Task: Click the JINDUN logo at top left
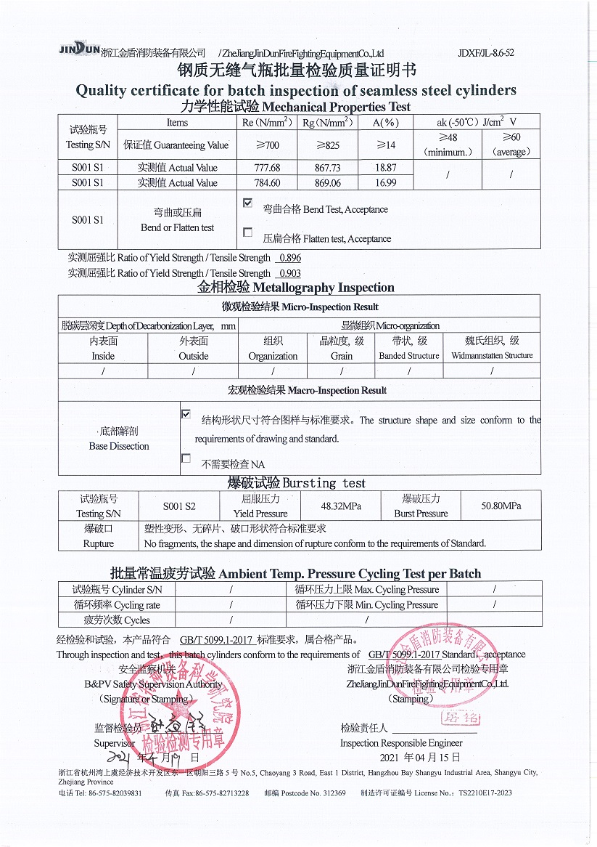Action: [x=79, y=49]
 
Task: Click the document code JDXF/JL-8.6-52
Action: [x=486, y=53]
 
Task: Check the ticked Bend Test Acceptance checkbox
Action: [x=248, y=203]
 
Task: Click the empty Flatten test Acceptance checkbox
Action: [x=248, y=232]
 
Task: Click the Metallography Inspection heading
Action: [x=297, y=288]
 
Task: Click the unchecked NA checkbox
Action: [x=186, y=458]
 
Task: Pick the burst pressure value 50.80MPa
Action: [x=501, y=506]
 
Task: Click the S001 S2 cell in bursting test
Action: [x=178, y=506]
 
